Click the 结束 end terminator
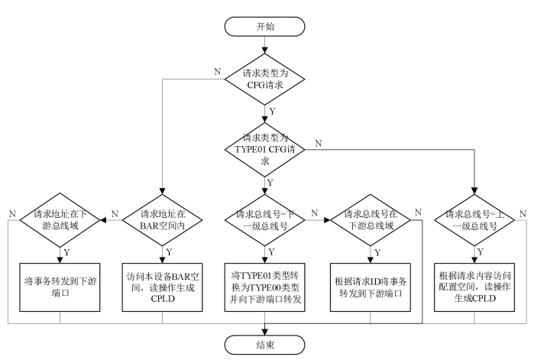267,344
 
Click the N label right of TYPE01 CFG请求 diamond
318,143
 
